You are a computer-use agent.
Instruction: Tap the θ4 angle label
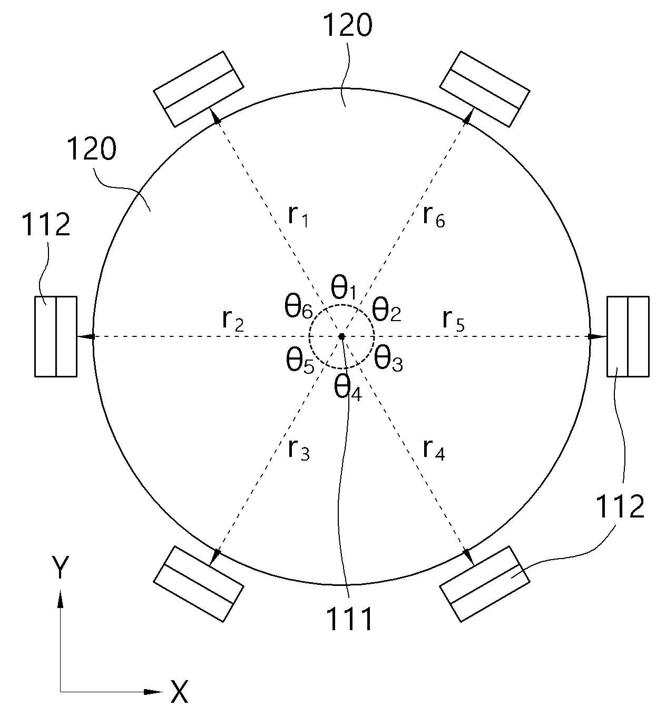[x=348, y=391]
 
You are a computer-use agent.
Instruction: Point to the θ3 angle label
[x=388, y=361]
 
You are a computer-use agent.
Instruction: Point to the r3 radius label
[x=299, y=451]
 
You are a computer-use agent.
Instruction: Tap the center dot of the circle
[x=341, y=336]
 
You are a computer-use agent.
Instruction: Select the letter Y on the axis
[x=61, y=567]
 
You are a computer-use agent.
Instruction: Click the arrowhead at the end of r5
[x=596, y=336]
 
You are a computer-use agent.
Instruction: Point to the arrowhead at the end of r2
[x=86, y=336]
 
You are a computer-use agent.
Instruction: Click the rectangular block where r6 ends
[x=485, y=89]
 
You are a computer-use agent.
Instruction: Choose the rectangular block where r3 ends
[x=199, y=584]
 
